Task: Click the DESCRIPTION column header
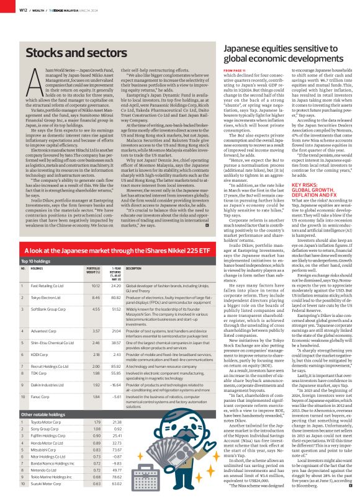point(136,269)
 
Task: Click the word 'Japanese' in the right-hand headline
point(245,48)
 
